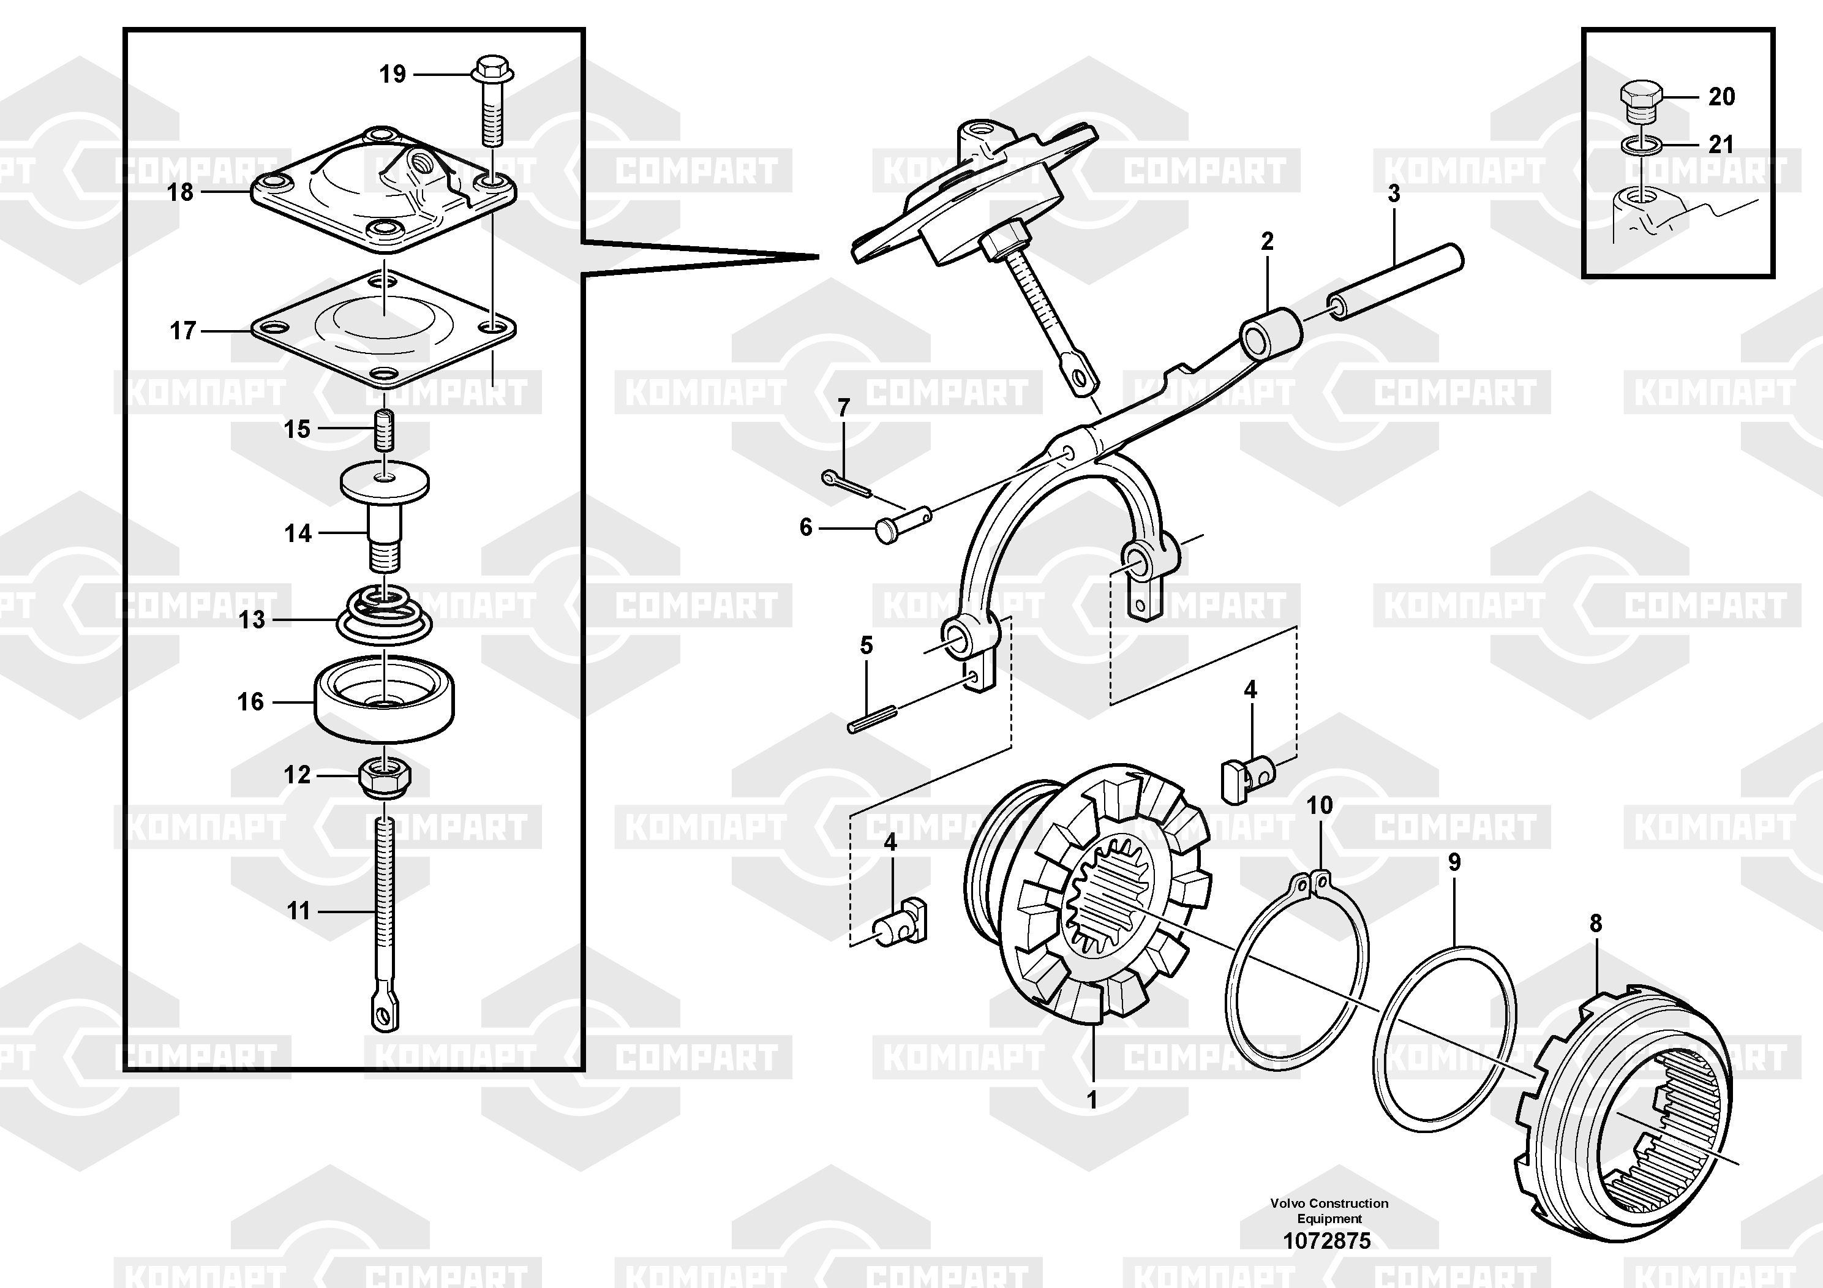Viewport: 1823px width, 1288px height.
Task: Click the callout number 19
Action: click(x=393, y=74)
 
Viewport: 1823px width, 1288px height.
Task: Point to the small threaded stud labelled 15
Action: click(x=385, y=429)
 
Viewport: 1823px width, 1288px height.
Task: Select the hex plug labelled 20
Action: click(x=1639, y=101)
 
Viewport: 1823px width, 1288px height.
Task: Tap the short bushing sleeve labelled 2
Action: click(x=1271, y=334)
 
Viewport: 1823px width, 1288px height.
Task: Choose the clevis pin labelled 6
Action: click(x=903, y=525)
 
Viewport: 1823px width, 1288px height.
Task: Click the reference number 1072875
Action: click(x=1328, y=1240)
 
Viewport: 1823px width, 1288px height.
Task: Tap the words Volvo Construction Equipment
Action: click(x=1328, y=1210)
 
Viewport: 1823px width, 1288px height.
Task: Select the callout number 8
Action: click(x=1595, y=923)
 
